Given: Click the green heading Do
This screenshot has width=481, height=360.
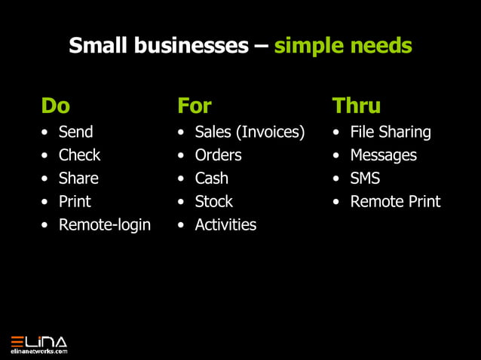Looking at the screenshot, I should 55,105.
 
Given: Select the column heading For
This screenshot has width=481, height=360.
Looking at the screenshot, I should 195,105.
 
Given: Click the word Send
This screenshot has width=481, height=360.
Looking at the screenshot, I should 75,132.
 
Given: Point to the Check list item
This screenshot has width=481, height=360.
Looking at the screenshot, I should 79,155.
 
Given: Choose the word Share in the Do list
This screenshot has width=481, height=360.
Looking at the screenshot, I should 78,178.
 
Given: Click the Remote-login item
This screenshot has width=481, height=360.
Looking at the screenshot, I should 104,224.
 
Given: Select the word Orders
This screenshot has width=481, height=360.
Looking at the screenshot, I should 218,155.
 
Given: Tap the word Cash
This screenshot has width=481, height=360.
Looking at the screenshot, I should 211,178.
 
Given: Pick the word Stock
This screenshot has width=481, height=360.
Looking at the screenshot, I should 213,202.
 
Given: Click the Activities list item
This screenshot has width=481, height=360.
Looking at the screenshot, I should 225,224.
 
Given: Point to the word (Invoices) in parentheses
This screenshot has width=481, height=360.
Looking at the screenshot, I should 271,133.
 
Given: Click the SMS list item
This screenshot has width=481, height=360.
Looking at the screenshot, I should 365,178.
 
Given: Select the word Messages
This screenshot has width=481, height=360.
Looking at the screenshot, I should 383,155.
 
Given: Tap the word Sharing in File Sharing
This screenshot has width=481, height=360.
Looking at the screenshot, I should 405,133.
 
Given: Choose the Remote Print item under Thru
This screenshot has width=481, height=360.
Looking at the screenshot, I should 395,202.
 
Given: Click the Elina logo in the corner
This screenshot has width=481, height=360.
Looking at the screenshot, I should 38,343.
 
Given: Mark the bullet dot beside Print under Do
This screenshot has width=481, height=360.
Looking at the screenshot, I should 46,202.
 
